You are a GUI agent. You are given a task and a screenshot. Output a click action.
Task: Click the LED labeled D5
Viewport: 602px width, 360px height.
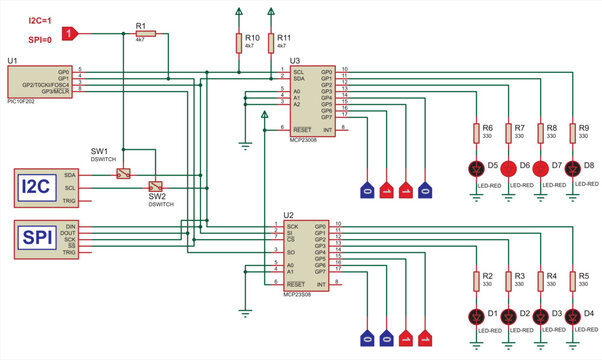tap(476, 166)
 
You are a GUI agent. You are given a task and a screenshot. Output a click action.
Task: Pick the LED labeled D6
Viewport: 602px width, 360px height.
tap(508, 166)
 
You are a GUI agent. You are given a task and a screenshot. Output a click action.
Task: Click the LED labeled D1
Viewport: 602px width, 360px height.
tap(476, 317)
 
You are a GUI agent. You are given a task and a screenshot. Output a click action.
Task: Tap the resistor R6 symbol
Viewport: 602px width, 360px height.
tap(476, 134)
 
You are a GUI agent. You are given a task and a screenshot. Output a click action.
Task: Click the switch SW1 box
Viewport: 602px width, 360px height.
tap(122, 174)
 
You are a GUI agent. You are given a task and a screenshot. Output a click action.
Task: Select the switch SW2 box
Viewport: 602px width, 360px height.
tap(156, 186)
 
